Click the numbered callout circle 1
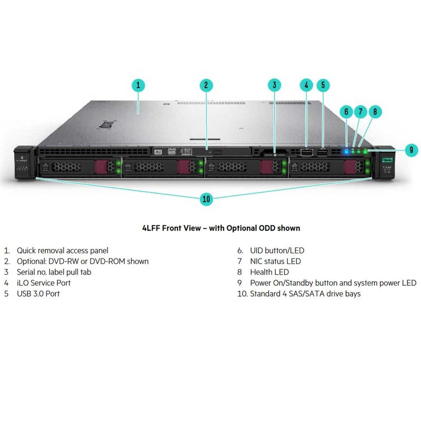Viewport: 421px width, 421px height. (x=138, y=85)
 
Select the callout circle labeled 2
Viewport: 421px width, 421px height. (x=206, y=85)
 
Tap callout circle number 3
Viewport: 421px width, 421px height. (x=274, y=85)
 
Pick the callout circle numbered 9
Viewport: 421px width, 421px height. (x=412, y=149)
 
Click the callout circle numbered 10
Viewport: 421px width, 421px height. (x=206, y=199)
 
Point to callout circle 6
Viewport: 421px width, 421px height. (x=346, y=112)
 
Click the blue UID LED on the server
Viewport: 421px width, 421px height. (x=346, y=152)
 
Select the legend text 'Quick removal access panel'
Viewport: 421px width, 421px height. (x=62, y=251)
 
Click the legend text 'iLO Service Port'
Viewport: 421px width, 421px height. (x=44, y=283)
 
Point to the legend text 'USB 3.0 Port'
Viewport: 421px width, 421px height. (x=38, y=294)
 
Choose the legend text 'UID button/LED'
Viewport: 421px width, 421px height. (x=277, y=251)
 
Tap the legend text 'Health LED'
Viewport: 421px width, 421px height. (x=269, y=272)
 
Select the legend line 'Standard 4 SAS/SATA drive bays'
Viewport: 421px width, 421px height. (x=305, y=294)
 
